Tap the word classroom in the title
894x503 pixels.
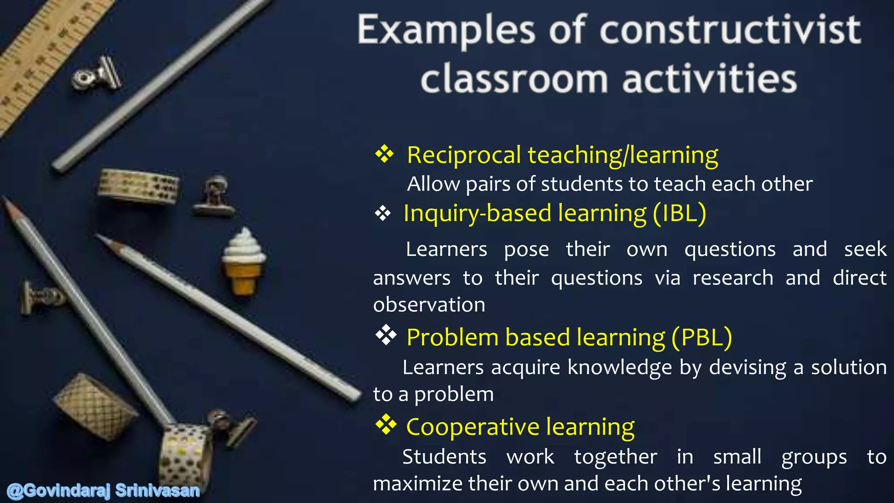tap(514, 79)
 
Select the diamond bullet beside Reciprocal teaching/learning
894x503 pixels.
tap(384, 154)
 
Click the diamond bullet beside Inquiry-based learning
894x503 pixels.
tap(383, 214)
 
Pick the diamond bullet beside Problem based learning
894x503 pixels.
tap(386, 335)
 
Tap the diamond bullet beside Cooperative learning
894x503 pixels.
tap(386, 425)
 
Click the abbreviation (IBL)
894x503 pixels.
tap(679, 214)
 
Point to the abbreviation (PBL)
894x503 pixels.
tap(701, 338)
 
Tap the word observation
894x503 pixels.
tap(429, 305)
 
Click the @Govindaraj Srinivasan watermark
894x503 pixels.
tap(103, 491)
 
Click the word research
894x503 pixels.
tap(732, 278)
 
